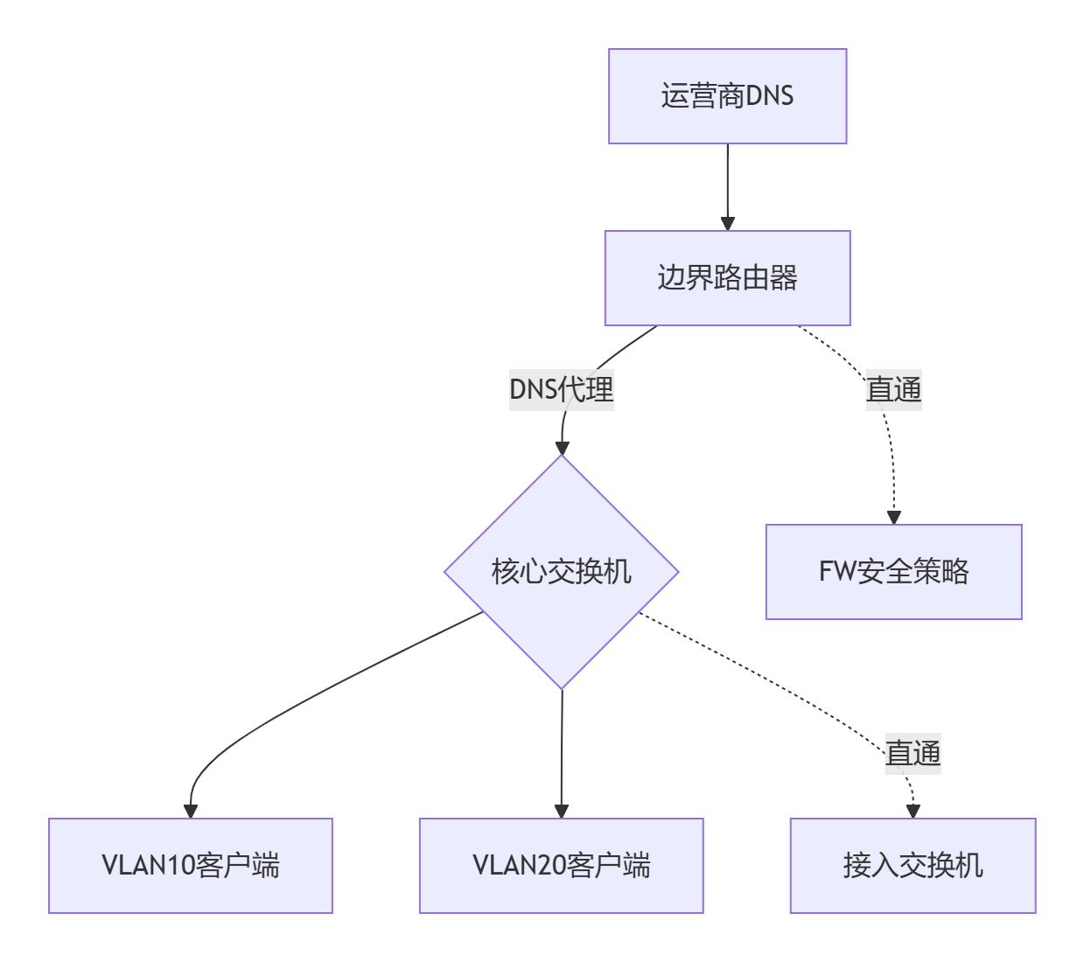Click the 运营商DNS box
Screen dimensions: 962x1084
point(727,96)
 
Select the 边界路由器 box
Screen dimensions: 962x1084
point(727,278)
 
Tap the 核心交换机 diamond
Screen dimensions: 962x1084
point(562,572)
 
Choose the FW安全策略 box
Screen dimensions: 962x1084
point(893,572)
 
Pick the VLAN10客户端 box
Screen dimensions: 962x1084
point(191,866)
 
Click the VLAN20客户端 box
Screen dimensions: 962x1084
point(562,866)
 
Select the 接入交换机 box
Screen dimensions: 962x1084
point(913,866)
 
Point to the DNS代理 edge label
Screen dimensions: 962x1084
point(562,389)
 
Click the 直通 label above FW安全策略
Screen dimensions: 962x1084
point(893,389)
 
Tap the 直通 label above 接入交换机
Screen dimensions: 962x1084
point(913,753)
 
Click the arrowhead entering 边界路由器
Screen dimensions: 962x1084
point(727,224)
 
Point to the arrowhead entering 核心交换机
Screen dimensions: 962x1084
point(562,448)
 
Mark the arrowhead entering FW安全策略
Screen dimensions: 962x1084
point(893,518)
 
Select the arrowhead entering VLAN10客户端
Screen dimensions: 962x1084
point(191,812)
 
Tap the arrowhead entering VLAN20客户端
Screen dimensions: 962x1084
point(562,812)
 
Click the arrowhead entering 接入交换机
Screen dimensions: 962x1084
point(913,812)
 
